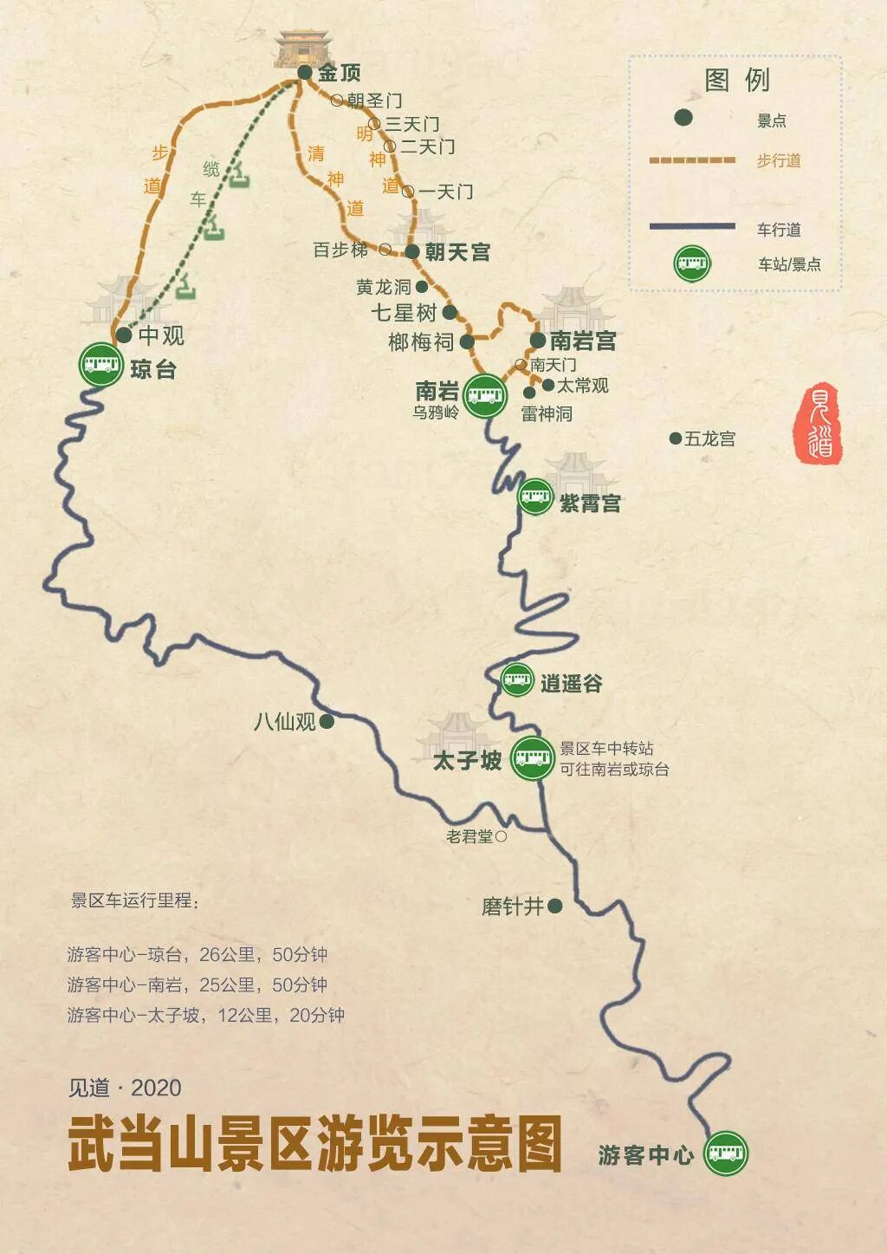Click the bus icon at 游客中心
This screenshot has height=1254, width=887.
[725, 1153]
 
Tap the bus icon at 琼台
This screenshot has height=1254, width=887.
[101, 364]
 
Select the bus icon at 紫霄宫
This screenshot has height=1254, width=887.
[535, 497]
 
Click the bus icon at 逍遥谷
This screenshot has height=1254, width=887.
[517, 680]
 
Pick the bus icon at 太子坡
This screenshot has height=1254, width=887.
[532, 758]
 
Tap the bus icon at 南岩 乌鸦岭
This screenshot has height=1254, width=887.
[485, 396]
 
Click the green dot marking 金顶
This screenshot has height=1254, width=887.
[305, 73]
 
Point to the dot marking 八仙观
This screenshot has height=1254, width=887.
[327, 721]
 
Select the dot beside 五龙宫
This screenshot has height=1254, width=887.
[675, 439]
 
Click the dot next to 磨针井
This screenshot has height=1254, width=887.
[555, 906]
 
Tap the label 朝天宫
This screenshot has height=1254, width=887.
[457, 252]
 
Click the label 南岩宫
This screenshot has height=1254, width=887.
[583, 341]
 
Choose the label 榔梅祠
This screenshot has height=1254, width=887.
[421, 342]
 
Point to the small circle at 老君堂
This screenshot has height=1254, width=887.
[501, 836]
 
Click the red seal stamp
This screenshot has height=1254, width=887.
[819, 422]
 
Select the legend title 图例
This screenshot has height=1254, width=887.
[736, 81]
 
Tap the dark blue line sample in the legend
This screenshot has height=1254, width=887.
[692, 227]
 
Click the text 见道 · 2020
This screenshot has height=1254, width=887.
[125, 1088]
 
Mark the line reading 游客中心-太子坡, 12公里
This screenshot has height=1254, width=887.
[205, 1015]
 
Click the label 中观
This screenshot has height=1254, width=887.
[161, 335]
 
